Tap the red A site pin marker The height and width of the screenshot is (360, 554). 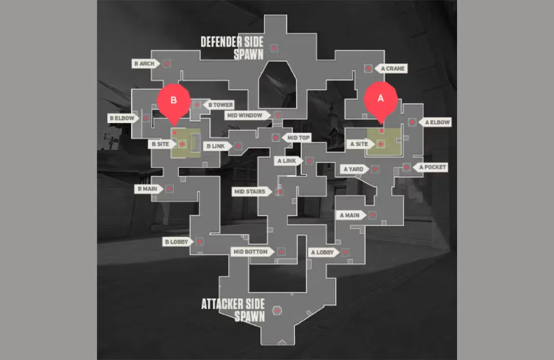[380, 99]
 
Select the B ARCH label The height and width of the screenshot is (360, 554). [145, 64]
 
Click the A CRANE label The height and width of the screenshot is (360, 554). [392, 69]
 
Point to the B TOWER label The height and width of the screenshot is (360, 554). [219, 105]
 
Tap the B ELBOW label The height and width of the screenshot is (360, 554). [121, 118]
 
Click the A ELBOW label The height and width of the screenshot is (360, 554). [436, 122]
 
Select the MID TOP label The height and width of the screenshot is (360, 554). [298, 137]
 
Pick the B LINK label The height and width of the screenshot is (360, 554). [216, 146]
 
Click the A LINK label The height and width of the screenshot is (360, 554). [288, 161]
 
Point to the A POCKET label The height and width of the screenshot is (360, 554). [432, 167]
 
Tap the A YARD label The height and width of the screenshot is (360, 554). [353, 169]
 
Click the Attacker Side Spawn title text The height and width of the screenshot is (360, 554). [233, 311]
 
